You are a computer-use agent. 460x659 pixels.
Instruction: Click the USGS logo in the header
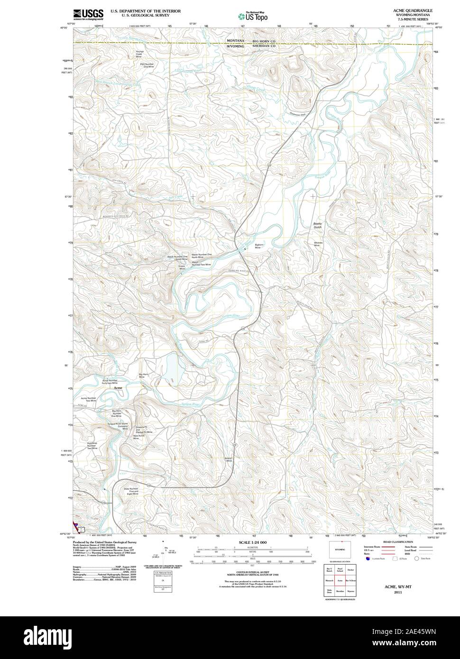88,14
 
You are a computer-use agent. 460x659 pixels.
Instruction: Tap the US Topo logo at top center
253,16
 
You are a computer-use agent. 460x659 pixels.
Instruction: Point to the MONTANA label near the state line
235,41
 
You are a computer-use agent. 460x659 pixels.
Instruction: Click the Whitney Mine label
318,244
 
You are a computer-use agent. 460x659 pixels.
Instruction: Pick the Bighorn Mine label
259,247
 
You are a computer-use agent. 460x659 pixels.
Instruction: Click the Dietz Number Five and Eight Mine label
131,491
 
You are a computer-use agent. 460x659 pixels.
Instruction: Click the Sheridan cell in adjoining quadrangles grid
340,592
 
